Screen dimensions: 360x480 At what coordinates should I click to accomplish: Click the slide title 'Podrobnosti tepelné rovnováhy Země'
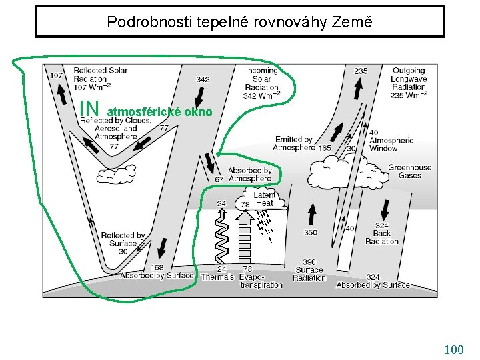(239, 22)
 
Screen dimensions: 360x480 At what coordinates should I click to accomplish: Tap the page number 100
(453, 349)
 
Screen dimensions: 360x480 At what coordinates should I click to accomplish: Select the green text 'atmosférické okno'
(160, 112)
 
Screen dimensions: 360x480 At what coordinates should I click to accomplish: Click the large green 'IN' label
(89, 107)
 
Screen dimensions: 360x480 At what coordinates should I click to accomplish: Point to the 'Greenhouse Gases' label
(409, 171)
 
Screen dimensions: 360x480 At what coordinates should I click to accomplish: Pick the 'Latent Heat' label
(264, 199)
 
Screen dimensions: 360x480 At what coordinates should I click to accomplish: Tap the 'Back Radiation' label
(382, 233)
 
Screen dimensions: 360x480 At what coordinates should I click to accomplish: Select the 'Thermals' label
(217, 277)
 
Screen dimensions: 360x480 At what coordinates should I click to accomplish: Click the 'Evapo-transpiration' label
(261, 281)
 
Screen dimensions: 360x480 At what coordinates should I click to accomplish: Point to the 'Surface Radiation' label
(309, 270)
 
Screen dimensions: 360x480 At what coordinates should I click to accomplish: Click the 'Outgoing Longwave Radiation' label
(409, 83)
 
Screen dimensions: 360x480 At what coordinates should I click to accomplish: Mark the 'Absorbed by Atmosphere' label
(249, 174)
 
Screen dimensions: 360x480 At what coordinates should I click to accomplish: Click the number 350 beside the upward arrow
(311, 233)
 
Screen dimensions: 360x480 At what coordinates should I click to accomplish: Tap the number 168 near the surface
(157, 268)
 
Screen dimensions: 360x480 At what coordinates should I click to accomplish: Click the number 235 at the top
(361, 71)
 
